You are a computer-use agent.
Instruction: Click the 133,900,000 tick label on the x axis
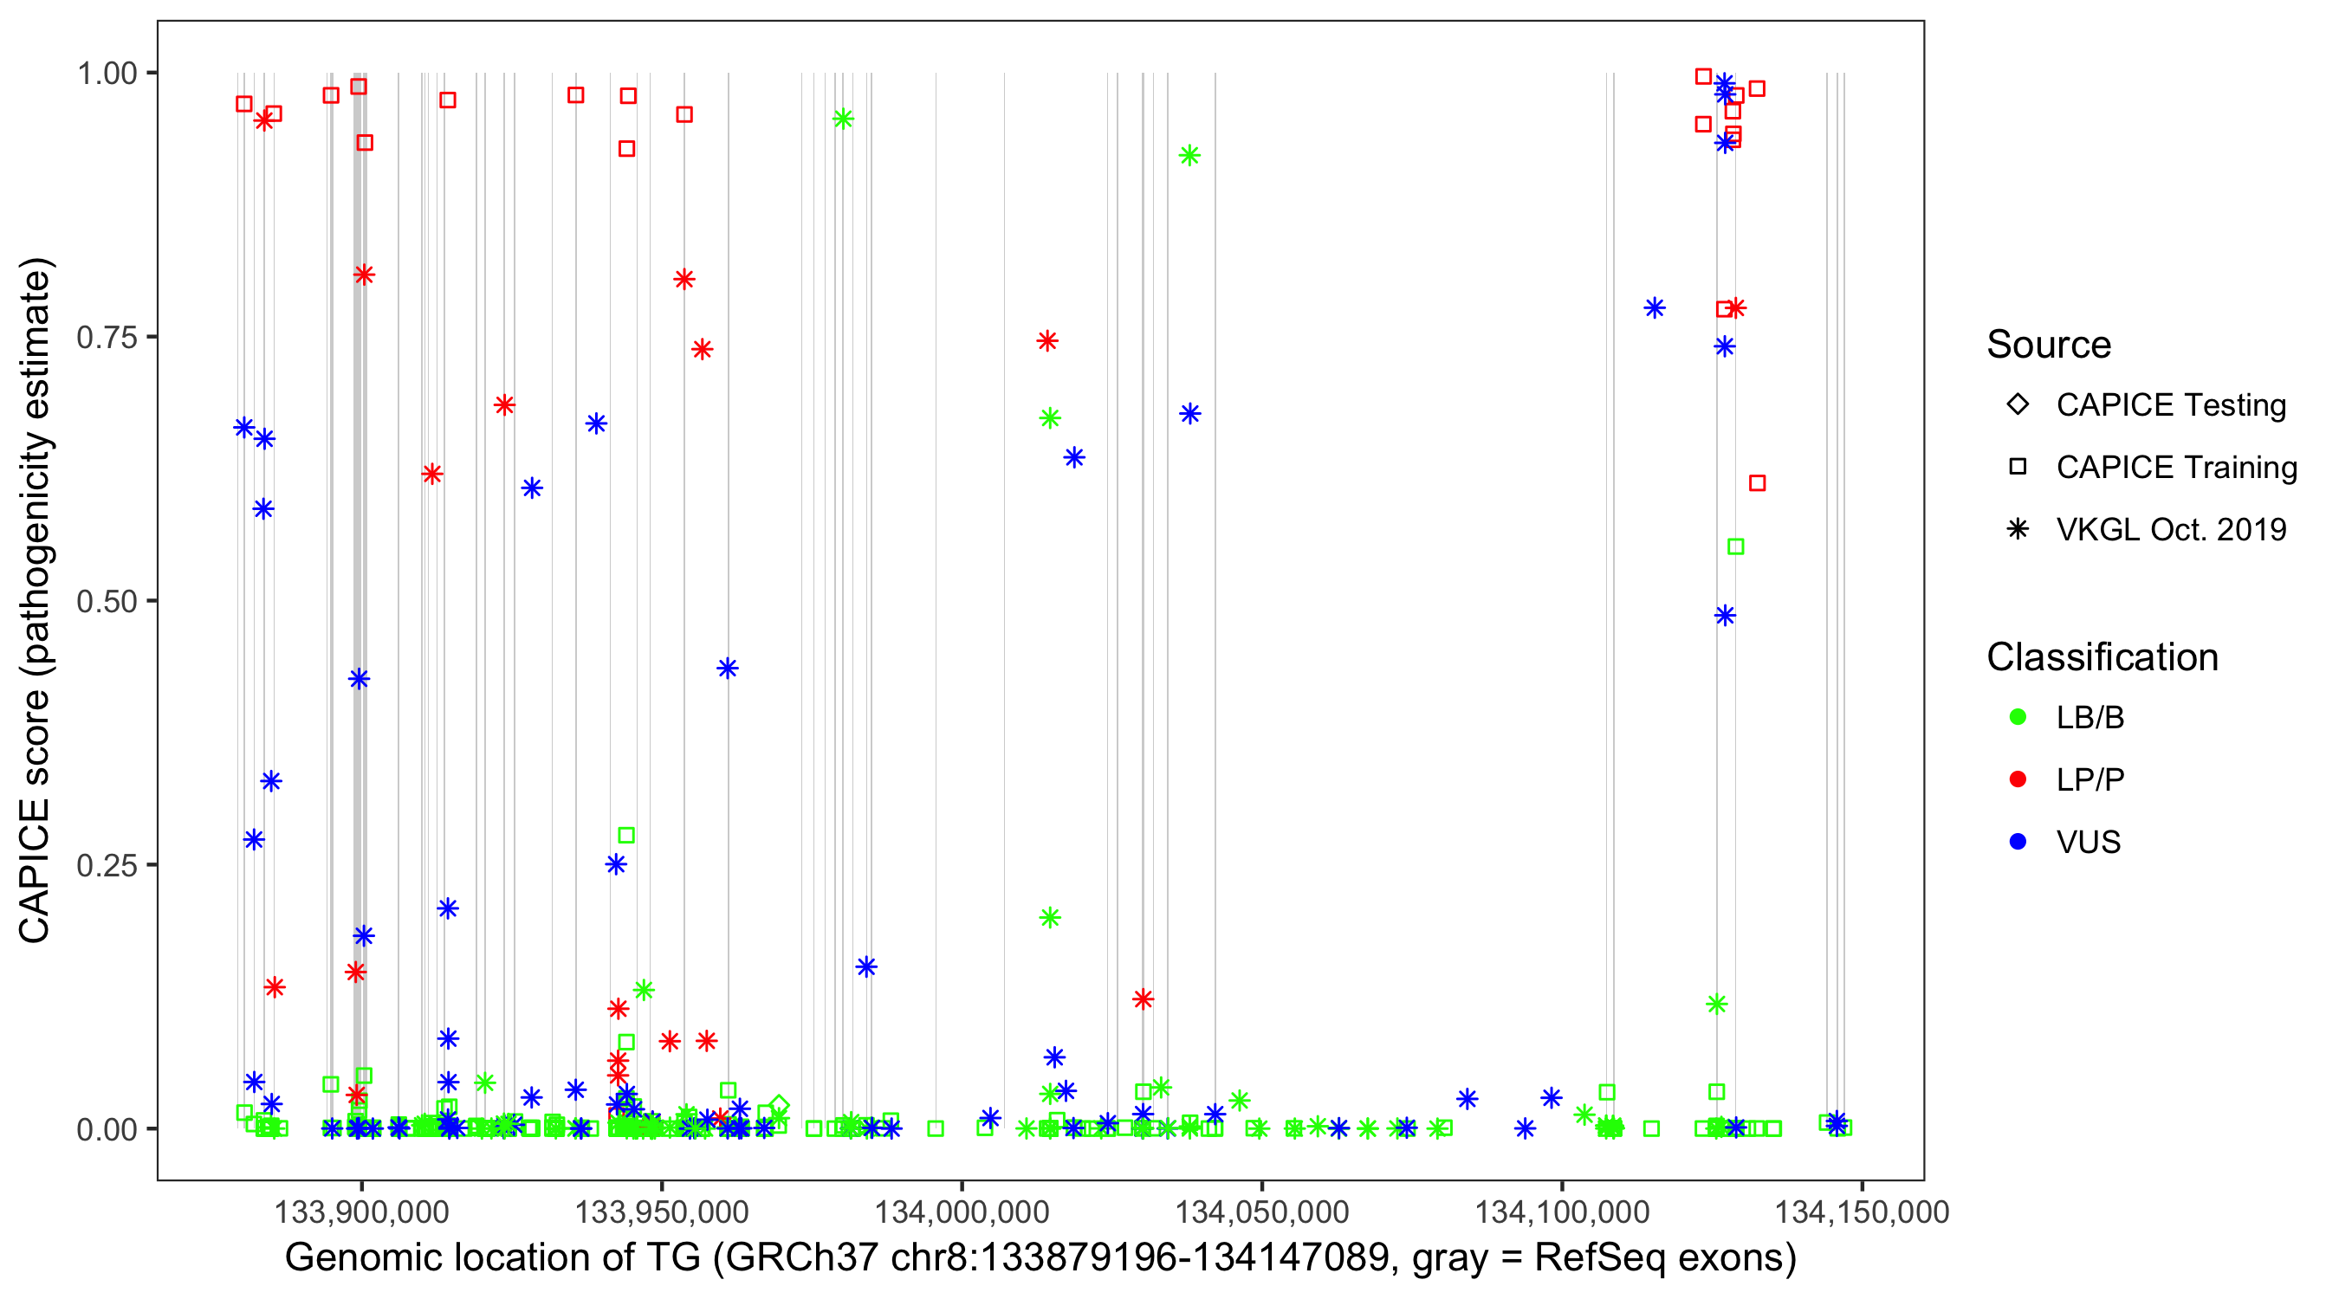[361, 1212]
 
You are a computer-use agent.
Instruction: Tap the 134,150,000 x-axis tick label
[1863, 1212]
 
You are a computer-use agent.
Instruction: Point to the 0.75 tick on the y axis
[107, 338]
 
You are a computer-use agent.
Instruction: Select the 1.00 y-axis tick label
[107, 74]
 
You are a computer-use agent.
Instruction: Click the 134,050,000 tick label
[1262, 1212]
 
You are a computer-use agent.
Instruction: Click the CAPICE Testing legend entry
[2170, 405]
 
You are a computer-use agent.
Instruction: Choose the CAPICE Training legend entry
[2175, 468]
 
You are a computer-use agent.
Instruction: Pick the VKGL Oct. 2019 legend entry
[2170, 530]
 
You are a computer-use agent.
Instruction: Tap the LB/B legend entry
[2090, 718]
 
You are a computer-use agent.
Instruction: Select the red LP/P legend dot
[2018, 779]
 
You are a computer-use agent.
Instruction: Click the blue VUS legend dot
[2018, 843]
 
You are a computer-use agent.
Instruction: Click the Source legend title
[2049, 345]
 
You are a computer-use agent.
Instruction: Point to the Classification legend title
[2102, 657]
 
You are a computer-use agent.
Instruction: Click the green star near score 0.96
[843, 119]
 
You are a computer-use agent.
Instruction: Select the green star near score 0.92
[1189, 156]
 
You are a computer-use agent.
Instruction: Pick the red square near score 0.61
[1757, 484]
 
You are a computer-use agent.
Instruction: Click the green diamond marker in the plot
[778, 1106]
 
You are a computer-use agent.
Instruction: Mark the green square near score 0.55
[1735, 547]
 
